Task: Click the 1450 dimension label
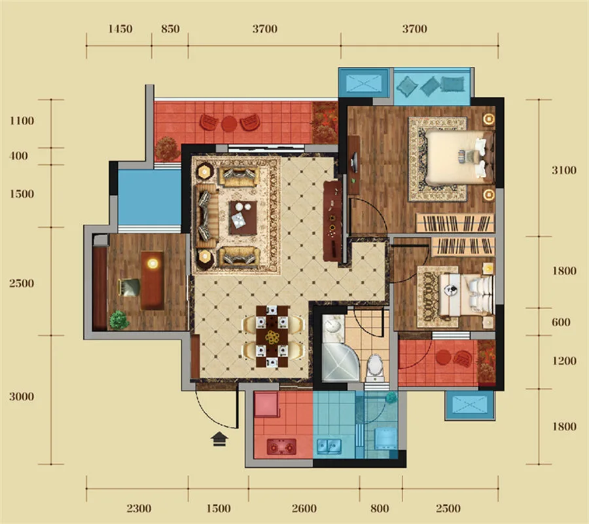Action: pos(120,29)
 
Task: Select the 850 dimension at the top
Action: pos(170,29)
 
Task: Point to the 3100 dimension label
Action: pos(564,170)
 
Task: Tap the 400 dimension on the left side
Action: pos(19,156)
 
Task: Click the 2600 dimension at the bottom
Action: pos(304,508)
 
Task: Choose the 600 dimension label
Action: pos(562,322)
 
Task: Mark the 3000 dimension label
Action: pos(22,396)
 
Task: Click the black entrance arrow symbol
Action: pos(219,439)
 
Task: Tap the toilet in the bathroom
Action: pos(374,367)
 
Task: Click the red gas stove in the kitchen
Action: pos(281,447)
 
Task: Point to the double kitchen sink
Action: pos(329,446)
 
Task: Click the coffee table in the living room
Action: pos(243,217)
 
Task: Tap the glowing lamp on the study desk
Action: pos(152,263)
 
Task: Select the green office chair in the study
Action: pos(130,288)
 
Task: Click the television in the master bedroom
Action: pos(353,162)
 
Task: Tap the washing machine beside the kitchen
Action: pos(386,438)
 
